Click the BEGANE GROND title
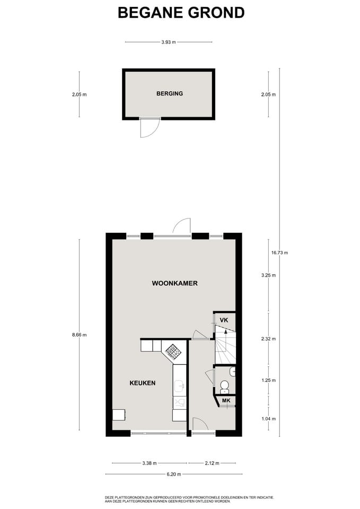tap(181, 13)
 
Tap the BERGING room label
tap(170, 93)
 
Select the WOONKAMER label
tap(174, 283)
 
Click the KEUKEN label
tap(143, 383)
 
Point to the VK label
tap(224, 320)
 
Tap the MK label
tap(226, 401)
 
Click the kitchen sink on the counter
tap(179, 386)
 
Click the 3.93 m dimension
tap(169, 42)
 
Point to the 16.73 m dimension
tap(279, 252)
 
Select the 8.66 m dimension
tap(79, 335)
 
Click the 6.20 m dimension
tap(174, 474)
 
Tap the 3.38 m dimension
tap(150, 463)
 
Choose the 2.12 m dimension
tap(212, 463)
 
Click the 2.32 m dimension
tap(268, 339)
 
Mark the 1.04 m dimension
tap(268, 419)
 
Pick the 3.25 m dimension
tap(268, 275)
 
